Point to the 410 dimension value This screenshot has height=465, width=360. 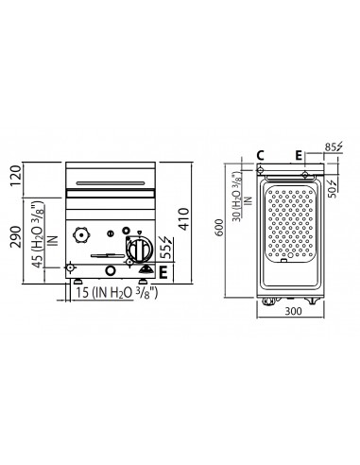tap(197, 223)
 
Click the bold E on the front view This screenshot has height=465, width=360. tap(163, 272)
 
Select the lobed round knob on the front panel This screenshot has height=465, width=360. tap(82, 232)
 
